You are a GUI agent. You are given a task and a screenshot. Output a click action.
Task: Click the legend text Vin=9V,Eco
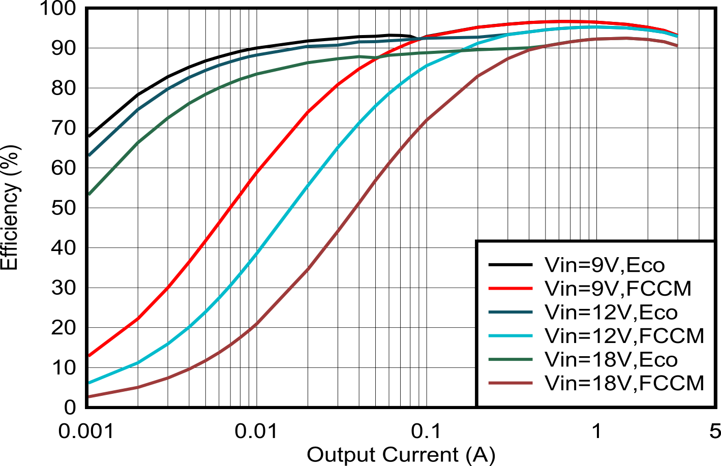(605, 265)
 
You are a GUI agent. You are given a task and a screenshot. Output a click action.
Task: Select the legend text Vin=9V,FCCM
(618, 288)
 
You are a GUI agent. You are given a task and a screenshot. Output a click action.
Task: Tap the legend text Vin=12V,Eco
(611, 312)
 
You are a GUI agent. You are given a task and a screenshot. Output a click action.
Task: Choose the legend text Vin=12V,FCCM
(624, 335)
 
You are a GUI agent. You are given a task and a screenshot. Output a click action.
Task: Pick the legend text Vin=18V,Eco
(611, 359)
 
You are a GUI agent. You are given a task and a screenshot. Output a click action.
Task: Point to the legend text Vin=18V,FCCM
(624, 383)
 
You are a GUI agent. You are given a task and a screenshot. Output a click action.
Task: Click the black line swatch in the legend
(510, 265)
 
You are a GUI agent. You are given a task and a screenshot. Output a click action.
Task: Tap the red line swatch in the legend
(510, 288)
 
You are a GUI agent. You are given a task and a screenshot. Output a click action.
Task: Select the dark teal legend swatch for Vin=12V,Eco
(510, 312)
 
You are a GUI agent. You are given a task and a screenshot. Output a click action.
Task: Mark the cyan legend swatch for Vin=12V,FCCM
(510, 335)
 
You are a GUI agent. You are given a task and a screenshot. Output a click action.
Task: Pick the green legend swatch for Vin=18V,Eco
(510, 359)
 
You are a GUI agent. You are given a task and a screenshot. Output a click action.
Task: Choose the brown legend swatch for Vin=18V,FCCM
(510, 383)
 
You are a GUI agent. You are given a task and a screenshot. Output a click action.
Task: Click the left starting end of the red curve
(89, 356)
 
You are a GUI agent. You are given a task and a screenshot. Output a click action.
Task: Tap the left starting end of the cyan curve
(89, 382)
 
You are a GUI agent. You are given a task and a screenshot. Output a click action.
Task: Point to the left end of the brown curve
(89, 396)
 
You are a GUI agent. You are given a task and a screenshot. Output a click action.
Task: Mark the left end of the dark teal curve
(89, 155)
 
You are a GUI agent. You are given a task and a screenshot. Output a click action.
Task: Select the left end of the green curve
(89, 194)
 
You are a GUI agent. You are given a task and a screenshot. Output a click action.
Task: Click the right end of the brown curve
(677, 46)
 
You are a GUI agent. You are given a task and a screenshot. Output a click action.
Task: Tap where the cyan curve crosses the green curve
(460, 51)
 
